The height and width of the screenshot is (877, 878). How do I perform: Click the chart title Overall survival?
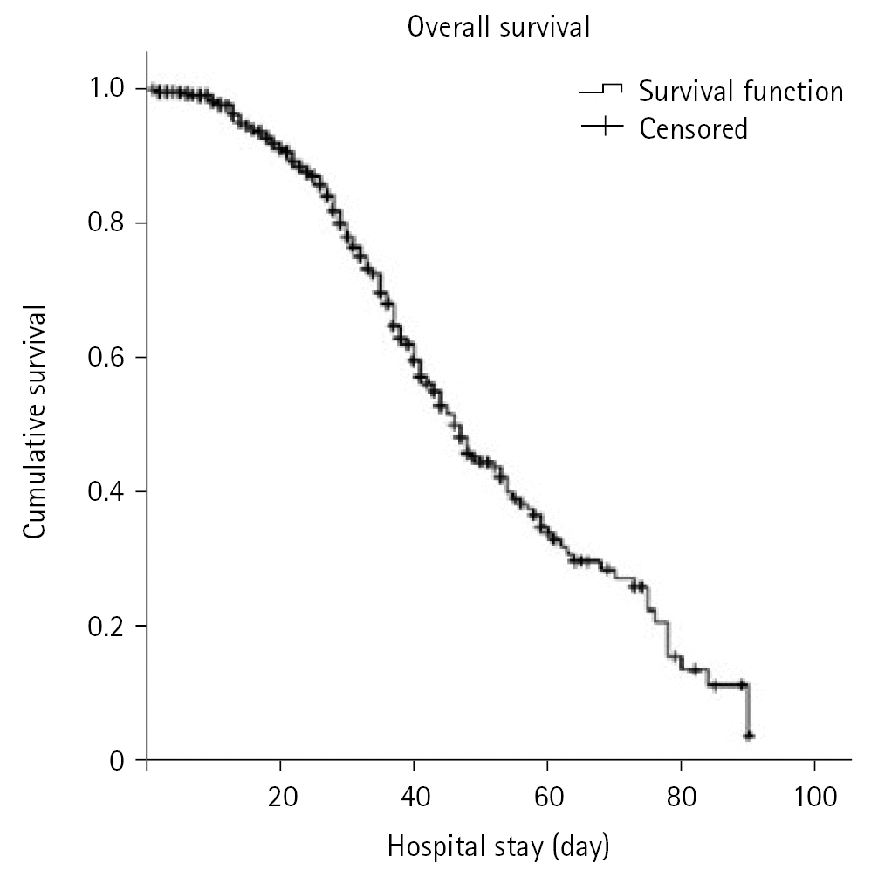pyautogui.click(x=498, y=28)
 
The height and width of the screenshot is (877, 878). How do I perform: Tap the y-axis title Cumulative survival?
pyautogui.click(x=36, y=422)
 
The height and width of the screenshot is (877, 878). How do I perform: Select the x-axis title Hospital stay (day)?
pyautogui.click(x=498, y=846)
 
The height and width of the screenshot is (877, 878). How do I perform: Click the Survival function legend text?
pyautogui.click(x=741, y=91)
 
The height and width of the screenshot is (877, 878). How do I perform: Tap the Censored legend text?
pyautogui.click(x=693, y=129)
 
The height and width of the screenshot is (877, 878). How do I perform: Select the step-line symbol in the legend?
pyautogui.click(x=601, y=90)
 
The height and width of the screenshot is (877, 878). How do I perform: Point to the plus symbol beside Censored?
pyautogui.click(x=601, y=127)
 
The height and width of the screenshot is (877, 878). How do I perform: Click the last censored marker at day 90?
pyautogui.click(x=748, y=736)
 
